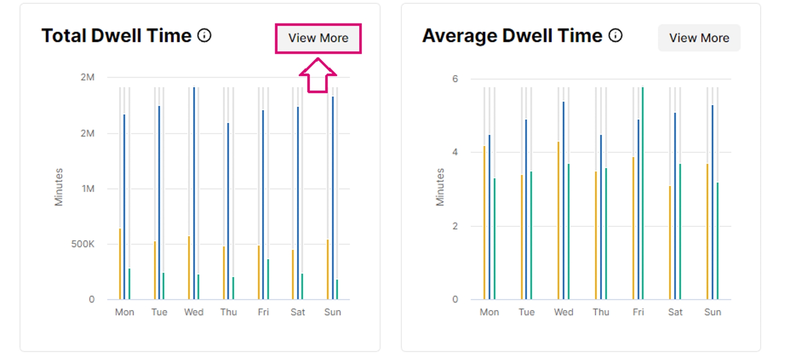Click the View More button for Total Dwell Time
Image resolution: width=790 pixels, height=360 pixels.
point(318,38)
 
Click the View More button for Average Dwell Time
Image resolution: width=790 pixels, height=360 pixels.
point(699,38)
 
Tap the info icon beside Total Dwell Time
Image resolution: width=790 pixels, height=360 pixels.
point(204,35)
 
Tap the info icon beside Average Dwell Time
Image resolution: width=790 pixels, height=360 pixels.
point(615,35)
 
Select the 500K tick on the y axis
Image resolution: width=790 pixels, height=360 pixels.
point(82,244)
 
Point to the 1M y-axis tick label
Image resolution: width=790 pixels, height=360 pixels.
point(88,188)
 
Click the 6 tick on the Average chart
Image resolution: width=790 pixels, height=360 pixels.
point(455,78)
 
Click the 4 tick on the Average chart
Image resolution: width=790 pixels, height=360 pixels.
point(455,152)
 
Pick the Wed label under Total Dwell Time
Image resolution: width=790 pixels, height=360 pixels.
point(193,312)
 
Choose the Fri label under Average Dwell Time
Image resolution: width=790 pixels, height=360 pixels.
point(638,312)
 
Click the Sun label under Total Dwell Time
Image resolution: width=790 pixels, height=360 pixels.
point(332,312)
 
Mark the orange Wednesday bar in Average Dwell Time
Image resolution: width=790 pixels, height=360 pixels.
point(558,220)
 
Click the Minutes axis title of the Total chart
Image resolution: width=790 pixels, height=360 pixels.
point(59,187)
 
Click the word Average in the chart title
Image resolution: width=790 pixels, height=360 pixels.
point(459,36)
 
